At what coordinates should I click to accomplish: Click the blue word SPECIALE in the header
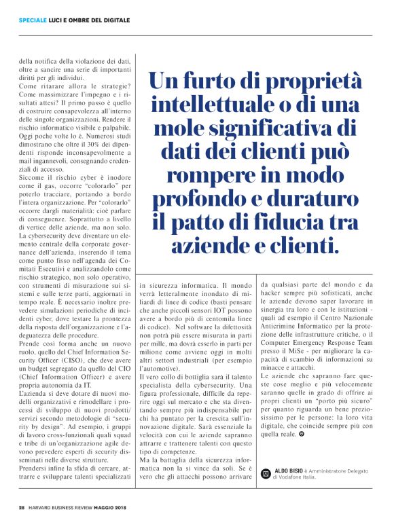pos(33,20)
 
